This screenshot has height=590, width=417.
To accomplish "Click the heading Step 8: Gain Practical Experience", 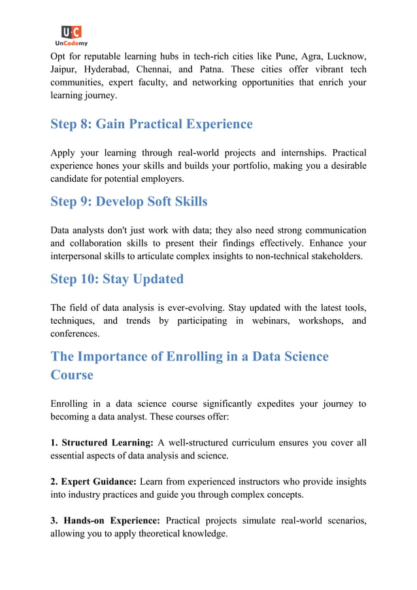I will pyautogui.click(x=151, y=124).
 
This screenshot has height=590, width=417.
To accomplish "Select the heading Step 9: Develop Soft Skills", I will pyautogui.click(x=129, y=201).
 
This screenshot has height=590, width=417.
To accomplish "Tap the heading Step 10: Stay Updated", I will pyautogui.click(x=117, y=279).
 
